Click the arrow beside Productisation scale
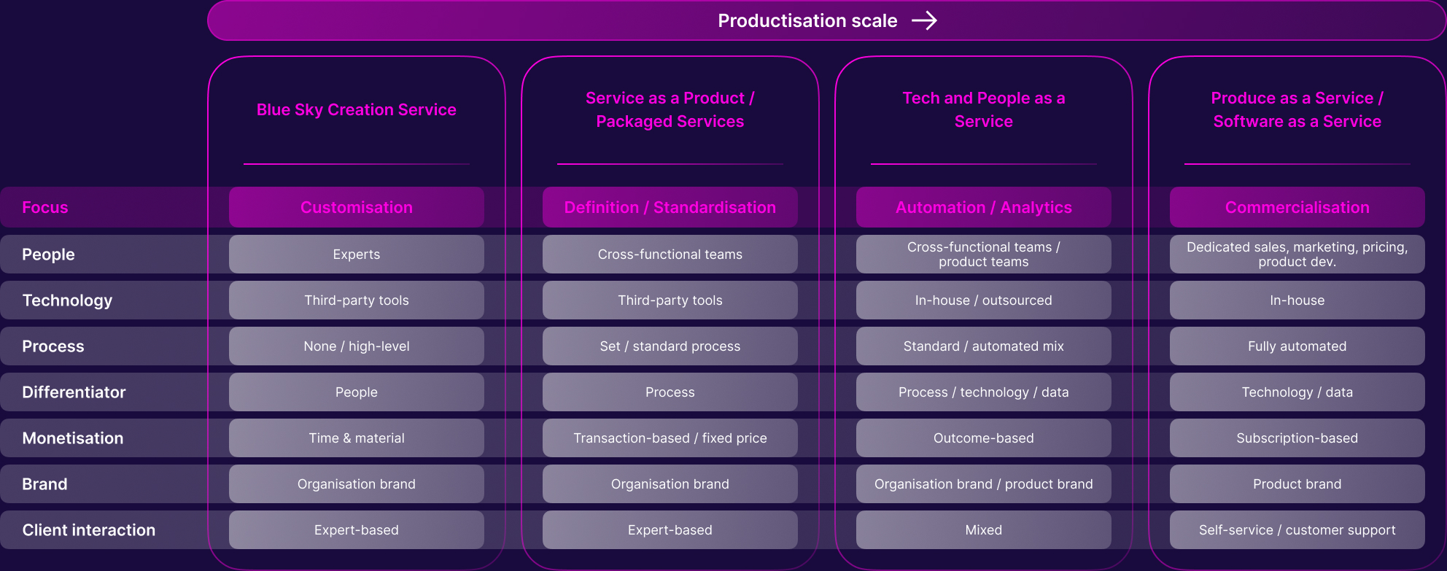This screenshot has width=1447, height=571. pyautogui.click(x=924, y=20)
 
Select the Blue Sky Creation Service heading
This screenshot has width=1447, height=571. pyautogui.click(x=357, y=109)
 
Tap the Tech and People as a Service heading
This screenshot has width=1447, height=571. pyautogui.click(x=984, y=109)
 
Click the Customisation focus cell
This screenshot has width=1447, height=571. pyautogui.click(x=357, y=207)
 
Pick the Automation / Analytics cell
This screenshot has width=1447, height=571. pyautogui.click(x=984, y=207)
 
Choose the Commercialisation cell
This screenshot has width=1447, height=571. pyautogui.click(x=1297, y=207)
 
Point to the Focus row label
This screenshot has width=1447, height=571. pyautogui.click(x=45, y=207)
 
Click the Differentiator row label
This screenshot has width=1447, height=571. pyautogui.click(x=74, y=392)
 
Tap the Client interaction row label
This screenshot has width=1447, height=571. pyautogui.click(x=89, y=530)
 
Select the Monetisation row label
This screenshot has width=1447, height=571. pyautogui.click(x=73, y=438)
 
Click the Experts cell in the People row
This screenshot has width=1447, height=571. pyautogui.click(x=357, y=254)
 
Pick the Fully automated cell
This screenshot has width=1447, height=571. pyautogui.click(x=1297, y=346)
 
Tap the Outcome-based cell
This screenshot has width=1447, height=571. pyautogui.click(x=984, y=438)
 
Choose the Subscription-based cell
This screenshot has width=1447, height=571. pyautogui.click(x=1297, y=438)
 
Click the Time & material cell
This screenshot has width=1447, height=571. pyautogui.click(x=357, y=438)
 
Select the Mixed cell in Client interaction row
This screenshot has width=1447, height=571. pyautogui.click(x=984, y=530)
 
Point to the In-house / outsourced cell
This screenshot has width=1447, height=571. pyautogui.click(x=984, y=300)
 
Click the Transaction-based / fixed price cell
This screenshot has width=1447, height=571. pyautogui.click(x=670, y=438)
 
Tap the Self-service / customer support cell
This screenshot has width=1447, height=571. pyautogui.click(x=1297, y=530)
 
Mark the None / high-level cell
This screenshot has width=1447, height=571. pyautogui.click(x=357, y=346)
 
